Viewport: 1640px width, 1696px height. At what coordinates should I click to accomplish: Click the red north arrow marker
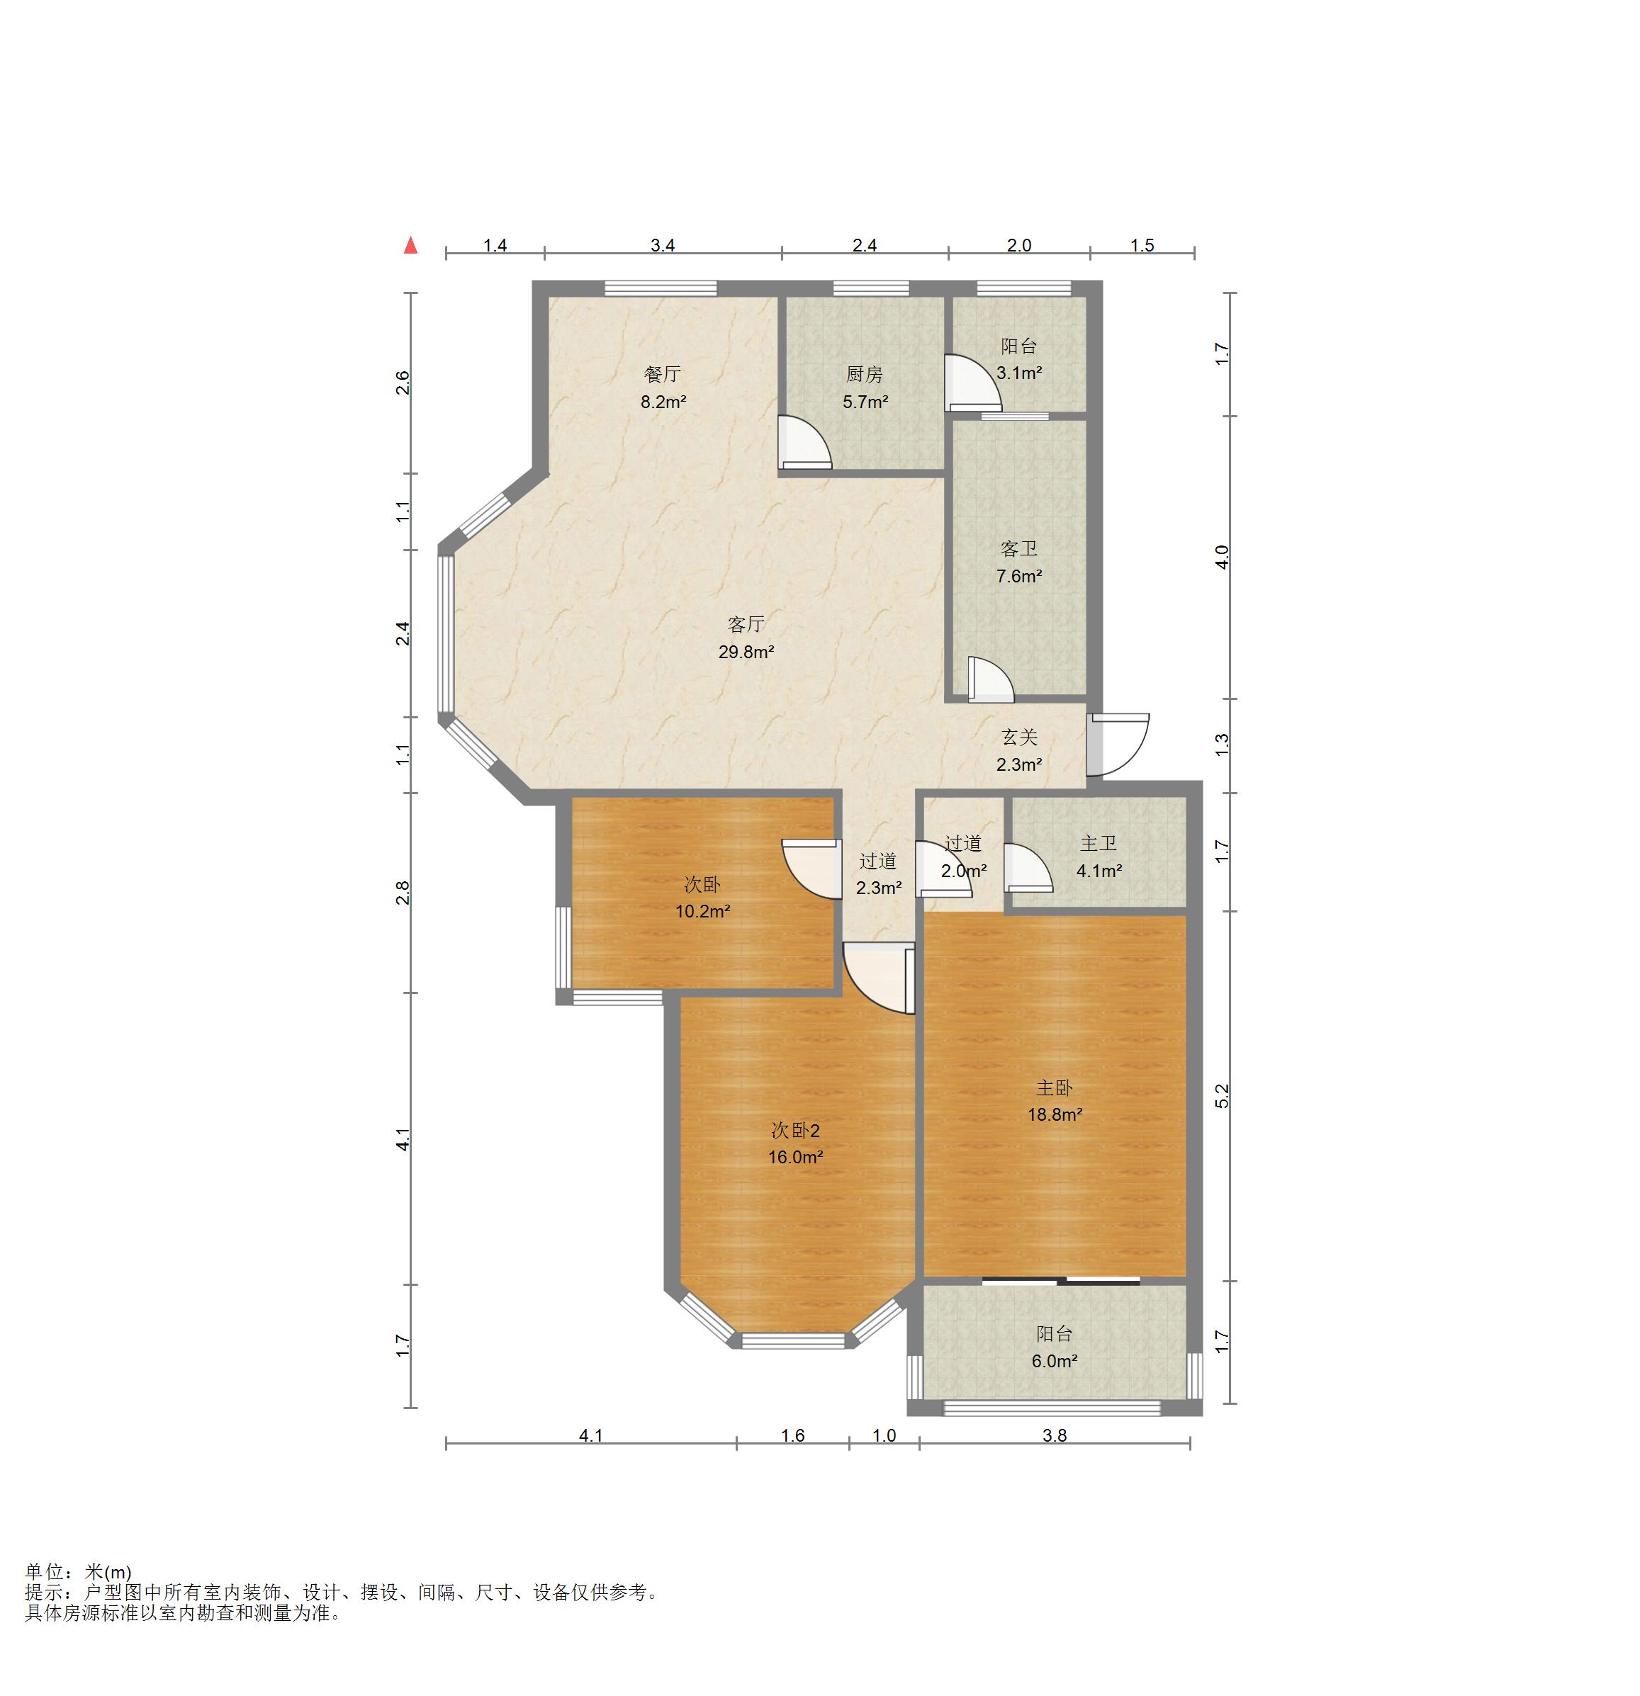pyautogui.click(x=411, y=246)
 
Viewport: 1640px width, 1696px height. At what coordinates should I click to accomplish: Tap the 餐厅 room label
pyautogui.click(x=663, y=374)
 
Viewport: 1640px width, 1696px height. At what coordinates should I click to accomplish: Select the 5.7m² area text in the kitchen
pyautogui.click(x=865, y=402)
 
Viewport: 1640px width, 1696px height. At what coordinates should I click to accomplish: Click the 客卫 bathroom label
pyautogui.click(x=1018, y=548)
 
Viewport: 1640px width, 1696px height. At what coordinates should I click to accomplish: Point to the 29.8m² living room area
pyautogui.click(x=746, y=652)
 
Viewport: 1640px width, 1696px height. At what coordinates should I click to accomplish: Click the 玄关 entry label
pyautogui.click(x=1019, y=737)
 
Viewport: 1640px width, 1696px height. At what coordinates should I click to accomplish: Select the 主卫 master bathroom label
pyautogui.click(x=1099, y=843)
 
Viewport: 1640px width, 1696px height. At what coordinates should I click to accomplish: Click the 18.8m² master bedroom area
pyautogui.click(x=1055, y=1114)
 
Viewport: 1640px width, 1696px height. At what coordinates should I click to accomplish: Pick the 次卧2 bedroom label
pyautogui.click(x=795, y=1130)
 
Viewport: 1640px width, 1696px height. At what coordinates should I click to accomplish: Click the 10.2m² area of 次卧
pyautogui.click(x=703, y=911)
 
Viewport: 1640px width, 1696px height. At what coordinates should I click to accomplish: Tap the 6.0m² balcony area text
pyautogui.click(x=1054, y=1361)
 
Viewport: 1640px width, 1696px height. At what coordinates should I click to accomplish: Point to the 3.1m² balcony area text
pyautogui.click(x=1018, y=373)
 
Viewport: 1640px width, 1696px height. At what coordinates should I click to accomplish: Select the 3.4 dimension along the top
pyautogui.click(x=663, y=246)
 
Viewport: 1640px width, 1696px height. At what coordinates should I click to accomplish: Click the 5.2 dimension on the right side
pyautogui.click(x=1222, y=1097)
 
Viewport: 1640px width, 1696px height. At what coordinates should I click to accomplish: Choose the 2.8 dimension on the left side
pyautogui.click(x=403, y=892)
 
